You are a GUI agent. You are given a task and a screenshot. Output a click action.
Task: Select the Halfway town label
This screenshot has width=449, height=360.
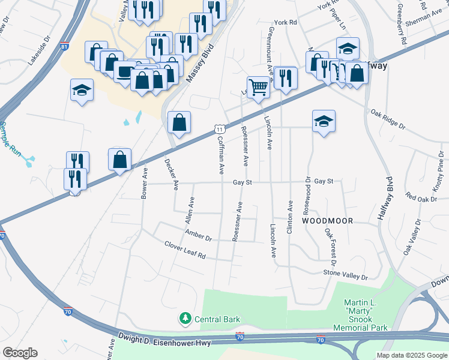tap(377, 66)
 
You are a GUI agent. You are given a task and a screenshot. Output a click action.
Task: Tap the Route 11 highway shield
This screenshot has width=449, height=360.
tap(220, 129)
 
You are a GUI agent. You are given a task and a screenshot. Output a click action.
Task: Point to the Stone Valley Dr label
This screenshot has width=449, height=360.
tap(345, 274)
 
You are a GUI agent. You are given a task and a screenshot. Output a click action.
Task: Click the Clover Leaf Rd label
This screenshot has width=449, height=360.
tap(185, 249)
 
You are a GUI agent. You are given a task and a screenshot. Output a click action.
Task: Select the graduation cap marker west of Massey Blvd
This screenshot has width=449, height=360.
tap(82, 91)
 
